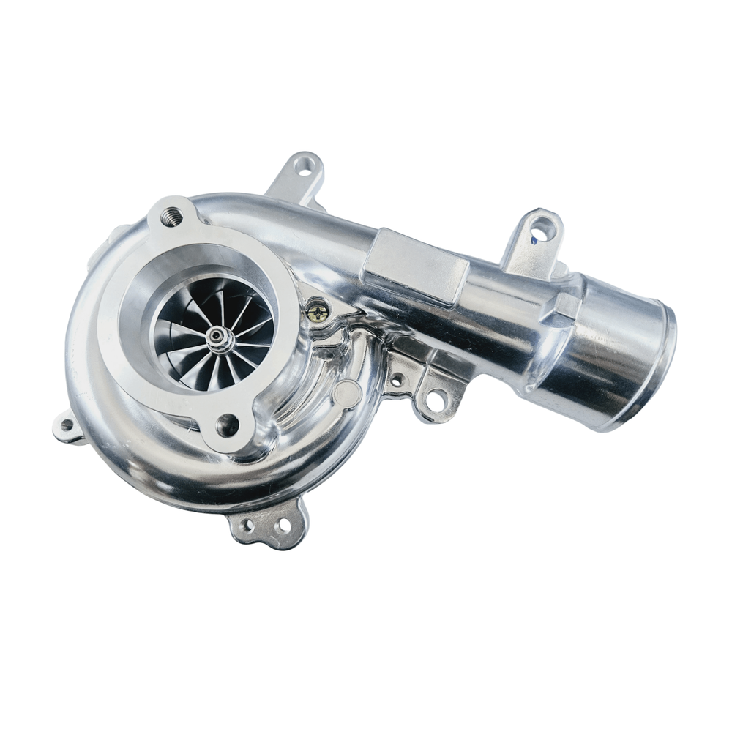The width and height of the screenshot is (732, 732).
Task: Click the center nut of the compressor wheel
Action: (x=217, y=336)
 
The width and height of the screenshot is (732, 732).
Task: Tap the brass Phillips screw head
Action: (x=316, y=312)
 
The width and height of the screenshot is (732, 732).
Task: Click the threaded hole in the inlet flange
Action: (x=171, y=214)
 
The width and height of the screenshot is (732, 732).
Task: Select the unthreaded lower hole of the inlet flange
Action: (x=227, y=425)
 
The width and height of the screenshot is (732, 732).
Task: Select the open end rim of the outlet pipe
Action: (x=662, y=366)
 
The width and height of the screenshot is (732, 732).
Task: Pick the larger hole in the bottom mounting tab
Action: (x=280, y=524)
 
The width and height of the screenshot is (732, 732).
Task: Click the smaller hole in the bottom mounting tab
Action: (x=247, y=525)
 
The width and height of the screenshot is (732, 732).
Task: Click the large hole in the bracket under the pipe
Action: (x=436, y=400)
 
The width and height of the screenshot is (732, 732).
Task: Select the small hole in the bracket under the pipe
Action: (x=397, y=381)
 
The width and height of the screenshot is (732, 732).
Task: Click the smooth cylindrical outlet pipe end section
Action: (x=615, y=344)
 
